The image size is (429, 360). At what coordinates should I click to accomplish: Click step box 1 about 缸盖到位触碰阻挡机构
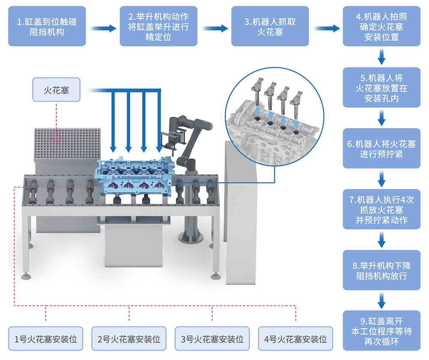[x=47, y=26]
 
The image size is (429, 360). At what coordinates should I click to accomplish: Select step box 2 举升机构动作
[x=158, y=26]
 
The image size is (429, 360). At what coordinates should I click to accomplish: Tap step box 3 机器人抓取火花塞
[x=270, y=26]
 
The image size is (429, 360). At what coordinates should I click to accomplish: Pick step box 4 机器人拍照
[x=381, y=26]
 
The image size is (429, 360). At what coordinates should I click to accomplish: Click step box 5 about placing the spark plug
[x=381, y=88]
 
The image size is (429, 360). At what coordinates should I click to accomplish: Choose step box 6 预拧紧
[x=381, y=148]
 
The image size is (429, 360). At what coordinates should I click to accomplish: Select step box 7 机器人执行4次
[x=381, y=210]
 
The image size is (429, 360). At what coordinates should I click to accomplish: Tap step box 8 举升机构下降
[x=381, y=270]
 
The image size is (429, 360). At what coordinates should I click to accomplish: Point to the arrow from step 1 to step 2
[x=103, y=28]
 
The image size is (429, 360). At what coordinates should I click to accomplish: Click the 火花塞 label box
[x=56, y=90]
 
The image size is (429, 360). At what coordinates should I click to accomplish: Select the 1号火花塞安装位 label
[x=46, y=339]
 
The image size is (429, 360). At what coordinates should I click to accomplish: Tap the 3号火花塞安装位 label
[x=212, y=339]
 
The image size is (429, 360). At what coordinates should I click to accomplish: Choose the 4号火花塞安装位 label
[x=296, y=339]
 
